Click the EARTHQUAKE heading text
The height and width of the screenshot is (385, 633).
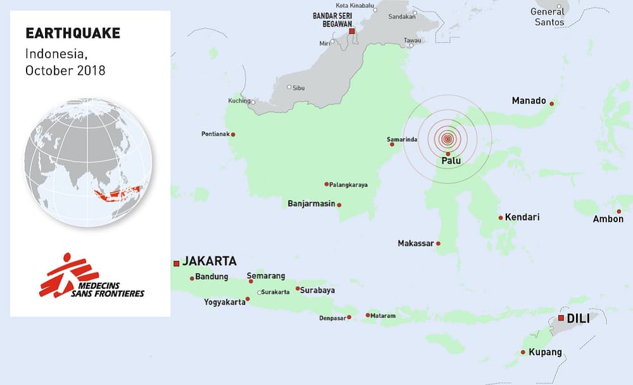72,34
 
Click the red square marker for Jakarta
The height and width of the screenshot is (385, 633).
176,263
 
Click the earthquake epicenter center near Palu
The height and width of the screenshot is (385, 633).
448,138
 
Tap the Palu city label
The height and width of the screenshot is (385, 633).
451,161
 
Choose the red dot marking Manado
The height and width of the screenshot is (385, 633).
552,103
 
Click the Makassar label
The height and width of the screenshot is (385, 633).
415,243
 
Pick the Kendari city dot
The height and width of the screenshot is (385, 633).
500,218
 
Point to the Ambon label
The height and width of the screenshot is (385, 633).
608,219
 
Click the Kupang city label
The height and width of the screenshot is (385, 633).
545,352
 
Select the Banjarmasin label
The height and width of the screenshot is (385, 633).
311,204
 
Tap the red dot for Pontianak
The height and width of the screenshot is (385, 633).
233,134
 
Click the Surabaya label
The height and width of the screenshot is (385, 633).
318,291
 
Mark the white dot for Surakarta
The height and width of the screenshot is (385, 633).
260,292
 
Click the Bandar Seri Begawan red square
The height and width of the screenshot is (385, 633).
351,30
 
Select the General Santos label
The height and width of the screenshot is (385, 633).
548,16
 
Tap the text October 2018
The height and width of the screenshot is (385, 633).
65,71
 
